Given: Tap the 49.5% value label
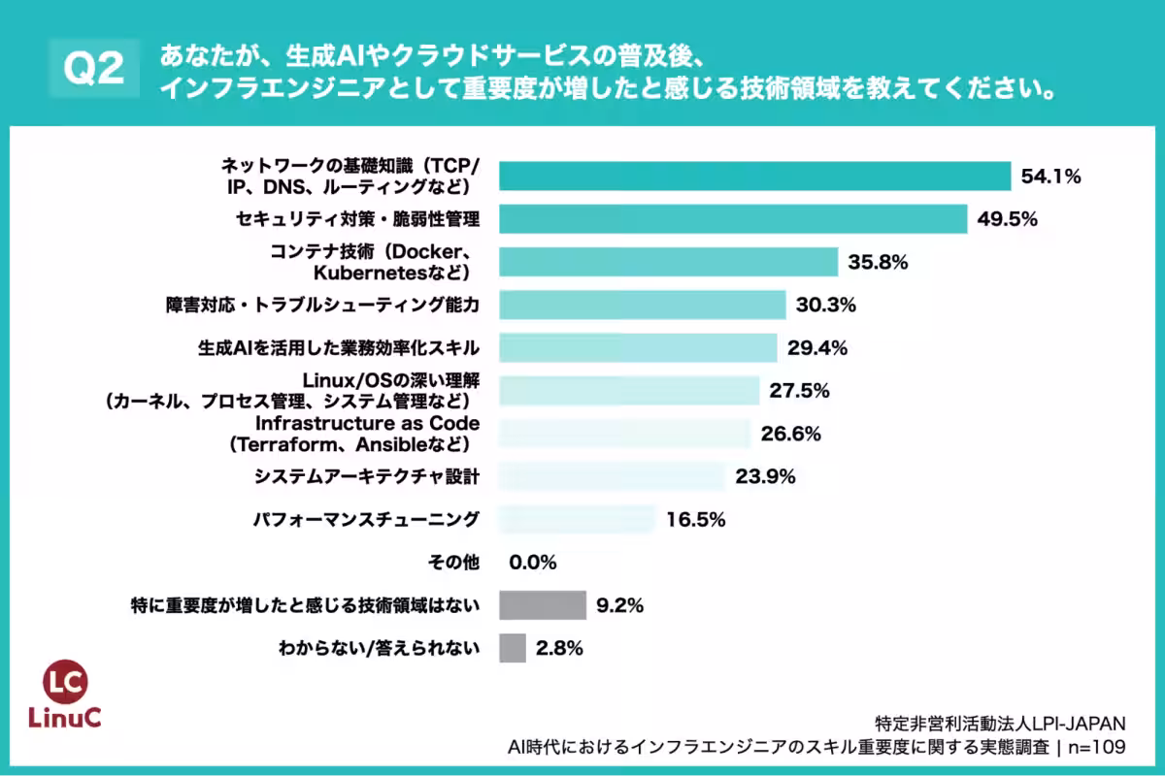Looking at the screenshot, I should point(1009,218).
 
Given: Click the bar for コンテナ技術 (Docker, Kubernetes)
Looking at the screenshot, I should point(668,262).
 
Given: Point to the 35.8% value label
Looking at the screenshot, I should point(879,262).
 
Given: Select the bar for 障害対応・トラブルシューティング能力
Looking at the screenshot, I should point(642,305).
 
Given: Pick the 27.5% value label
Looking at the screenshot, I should point(800,391).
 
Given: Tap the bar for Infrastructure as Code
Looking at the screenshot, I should point(625,434).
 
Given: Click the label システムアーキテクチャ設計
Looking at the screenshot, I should point(367,476).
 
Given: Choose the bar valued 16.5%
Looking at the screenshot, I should point(578,519).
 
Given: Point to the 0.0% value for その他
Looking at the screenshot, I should point(532,562).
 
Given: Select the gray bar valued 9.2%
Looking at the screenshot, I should point(543,605).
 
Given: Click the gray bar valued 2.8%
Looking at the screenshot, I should point(513,648).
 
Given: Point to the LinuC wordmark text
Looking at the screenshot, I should point(66,719).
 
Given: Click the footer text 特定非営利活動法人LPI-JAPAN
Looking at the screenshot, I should point(999,723).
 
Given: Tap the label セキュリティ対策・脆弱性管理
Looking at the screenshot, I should point(357,218).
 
